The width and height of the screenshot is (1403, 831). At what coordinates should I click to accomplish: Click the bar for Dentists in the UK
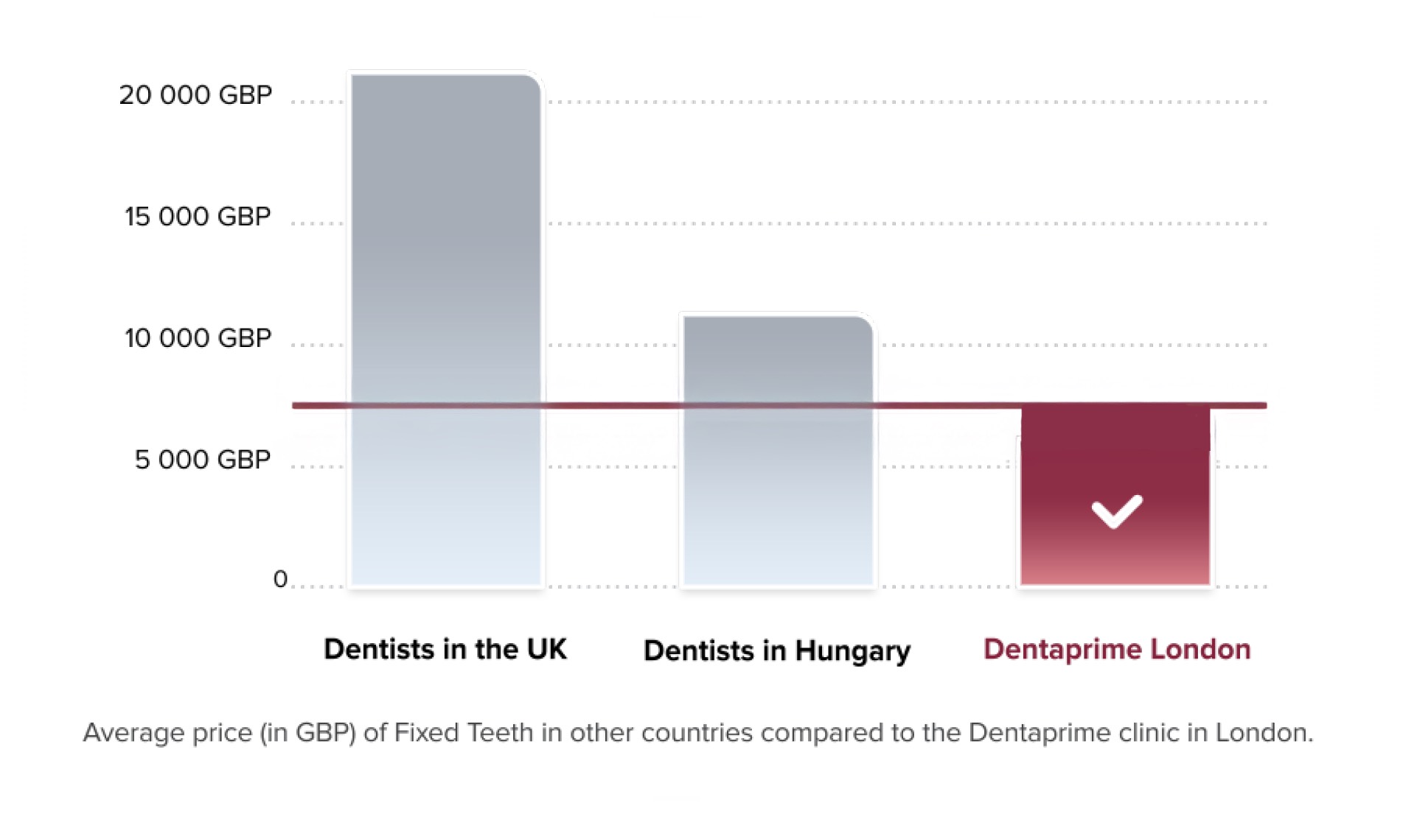tap(445, 295)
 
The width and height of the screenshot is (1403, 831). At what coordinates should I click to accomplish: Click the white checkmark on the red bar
tap(1117, 511)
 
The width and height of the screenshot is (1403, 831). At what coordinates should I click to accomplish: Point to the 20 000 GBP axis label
tap(195, 95)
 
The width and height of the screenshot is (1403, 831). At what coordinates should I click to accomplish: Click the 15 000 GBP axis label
tap(198, 217)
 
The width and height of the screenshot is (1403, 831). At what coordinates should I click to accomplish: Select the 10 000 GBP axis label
tap(198, 338)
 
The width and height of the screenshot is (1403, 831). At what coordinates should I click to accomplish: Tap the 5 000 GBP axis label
tap(202, 460)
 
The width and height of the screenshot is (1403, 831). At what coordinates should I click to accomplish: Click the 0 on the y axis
tap(280, 579)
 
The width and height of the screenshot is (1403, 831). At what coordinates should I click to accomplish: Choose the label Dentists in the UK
tap(445, 649)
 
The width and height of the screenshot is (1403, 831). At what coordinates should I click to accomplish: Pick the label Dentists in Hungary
tap(777, 651)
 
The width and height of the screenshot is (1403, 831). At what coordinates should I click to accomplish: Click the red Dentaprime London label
tap(1117, 649)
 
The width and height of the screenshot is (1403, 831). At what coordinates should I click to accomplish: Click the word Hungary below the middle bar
tap(853, 651)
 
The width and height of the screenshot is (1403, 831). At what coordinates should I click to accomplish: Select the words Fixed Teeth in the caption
tap(464, 733)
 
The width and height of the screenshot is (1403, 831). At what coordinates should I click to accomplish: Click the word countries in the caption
tap(697, 733)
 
